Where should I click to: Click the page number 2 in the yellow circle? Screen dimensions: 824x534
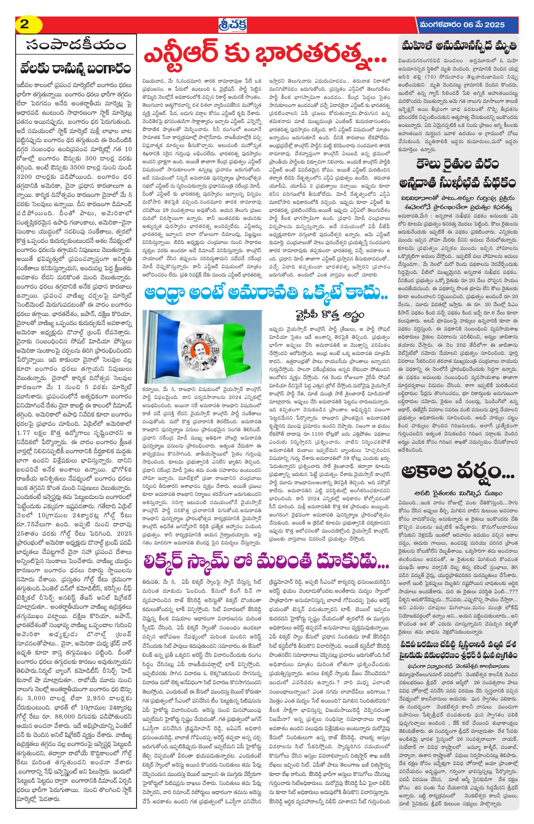tap(25, 25)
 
